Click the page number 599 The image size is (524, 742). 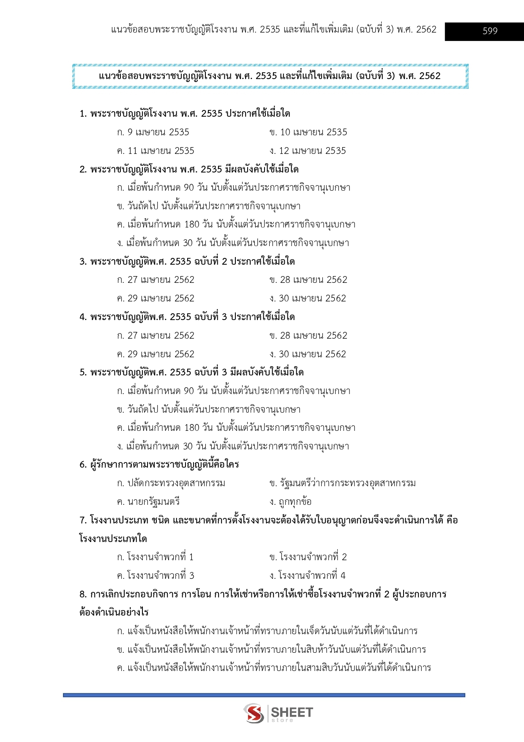point(490,31)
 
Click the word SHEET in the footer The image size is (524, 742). point(292,712)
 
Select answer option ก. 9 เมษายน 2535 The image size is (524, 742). point(153,132)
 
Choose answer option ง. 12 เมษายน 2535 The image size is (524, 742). point(308,151)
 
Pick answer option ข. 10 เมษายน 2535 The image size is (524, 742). point(308,132)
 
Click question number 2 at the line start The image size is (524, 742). point(83,170)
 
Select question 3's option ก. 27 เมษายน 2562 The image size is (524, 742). point(156,280)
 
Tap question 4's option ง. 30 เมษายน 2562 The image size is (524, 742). point(308,354)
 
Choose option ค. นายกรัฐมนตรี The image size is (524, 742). point(148,502)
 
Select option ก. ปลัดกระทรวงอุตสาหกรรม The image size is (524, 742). point(171,483)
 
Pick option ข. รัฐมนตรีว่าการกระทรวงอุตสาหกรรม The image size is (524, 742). point(342,483)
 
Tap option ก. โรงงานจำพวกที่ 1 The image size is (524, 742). point(155,557)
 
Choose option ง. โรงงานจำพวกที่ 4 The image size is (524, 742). point(307,576)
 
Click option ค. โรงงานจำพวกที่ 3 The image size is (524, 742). point(156,576)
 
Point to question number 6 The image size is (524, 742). point(83,465)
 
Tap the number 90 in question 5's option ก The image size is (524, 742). point(188,391)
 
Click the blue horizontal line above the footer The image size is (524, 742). point(264,695)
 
